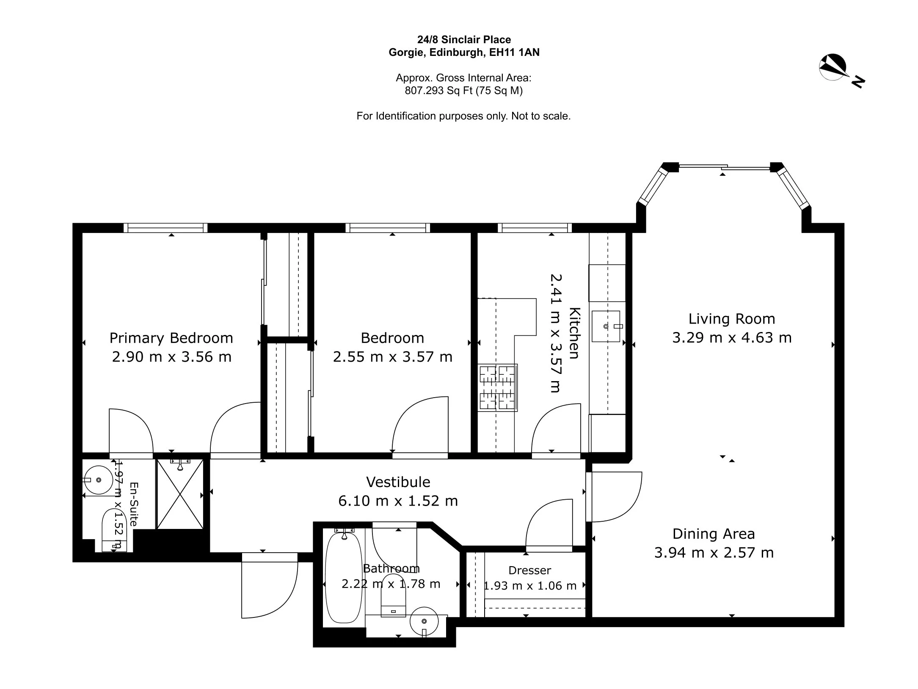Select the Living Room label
pyautogui.click(x=732, y=318)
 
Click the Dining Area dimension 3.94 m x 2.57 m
pyautogui.click(x=714, y=553)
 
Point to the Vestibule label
pyautogui.click(x=398, y=482)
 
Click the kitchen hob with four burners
pyautogui.click(x=498, y=387)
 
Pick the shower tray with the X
pyautogui.click(x=180, y=494)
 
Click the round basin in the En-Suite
pyautogui.click(x=98, y=480)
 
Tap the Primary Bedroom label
pyautogui.click(x=171, y=338)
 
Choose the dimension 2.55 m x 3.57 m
pyautogui.click(x=393, y=357)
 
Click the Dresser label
pyautogui.click(x=530, y=570)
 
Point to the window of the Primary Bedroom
pyautogui.click(x=165, y=228)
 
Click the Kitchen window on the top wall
pyautogui.click(x=535, y=228)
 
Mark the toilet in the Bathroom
pyautogui.click(x=394, y=595)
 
